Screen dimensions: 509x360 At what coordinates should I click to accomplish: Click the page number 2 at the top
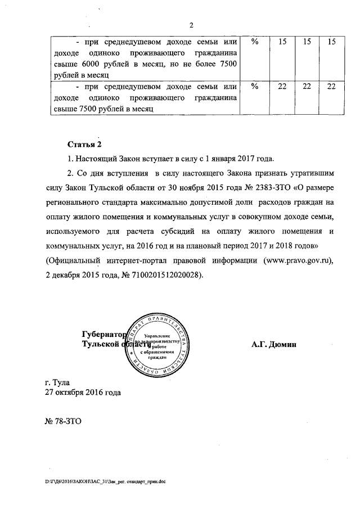[191, 25]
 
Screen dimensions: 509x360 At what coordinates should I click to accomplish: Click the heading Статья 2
[84, 144]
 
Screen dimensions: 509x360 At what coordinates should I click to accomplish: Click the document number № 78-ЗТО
[63, 421]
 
